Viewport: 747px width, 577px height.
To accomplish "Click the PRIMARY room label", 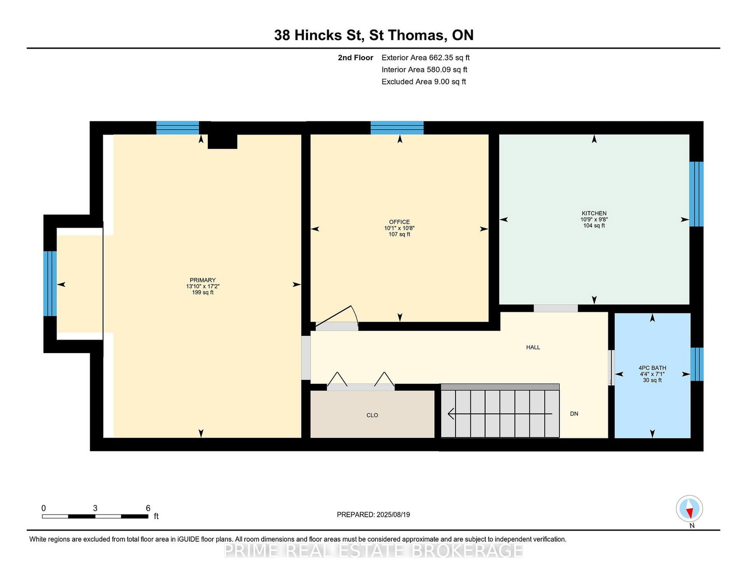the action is click(x=203, y=280).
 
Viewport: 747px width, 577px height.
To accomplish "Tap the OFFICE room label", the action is click(x=399, y=222).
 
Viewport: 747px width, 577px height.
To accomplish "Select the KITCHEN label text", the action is click(x=594, y=213).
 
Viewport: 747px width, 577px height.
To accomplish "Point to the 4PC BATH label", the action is click(x=652, y=368).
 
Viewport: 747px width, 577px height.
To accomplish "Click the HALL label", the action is click(x=533, y=347).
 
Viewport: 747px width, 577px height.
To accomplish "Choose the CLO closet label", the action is click(x=372, y=415).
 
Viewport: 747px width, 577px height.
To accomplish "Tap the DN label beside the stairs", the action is click(x=574, y=414).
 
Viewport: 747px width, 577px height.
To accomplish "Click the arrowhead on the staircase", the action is click(x=451, y=414).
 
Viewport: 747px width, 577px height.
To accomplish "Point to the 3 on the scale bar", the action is click(x=95, y=508).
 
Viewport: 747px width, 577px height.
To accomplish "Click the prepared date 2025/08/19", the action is click(x=393, y=514).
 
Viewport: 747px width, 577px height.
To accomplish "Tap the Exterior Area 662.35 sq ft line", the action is click(x=425, y=58).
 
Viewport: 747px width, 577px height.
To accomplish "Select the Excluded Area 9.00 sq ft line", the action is click(x=423, y=82).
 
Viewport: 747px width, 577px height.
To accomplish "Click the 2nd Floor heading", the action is click(x=355, y=58).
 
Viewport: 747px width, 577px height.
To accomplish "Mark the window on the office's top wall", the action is click(x=397, y=128).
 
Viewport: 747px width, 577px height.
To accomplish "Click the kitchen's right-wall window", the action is click(x=696, y=194).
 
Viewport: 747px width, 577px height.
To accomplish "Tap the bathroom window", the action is click(x=697, y=364).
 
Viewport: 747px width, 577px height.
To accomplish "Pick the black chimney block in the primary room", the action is click(x=222, y=141).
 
